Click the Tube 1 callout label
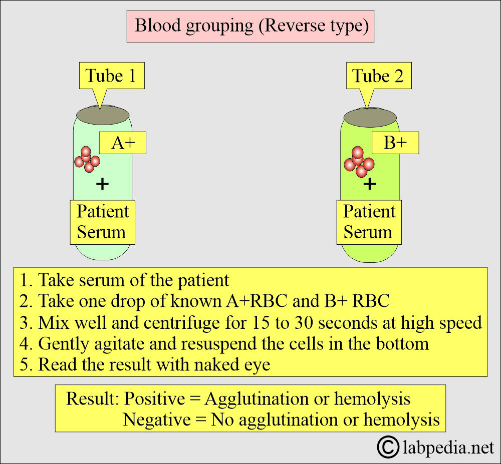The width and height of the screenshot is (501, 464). click(x=112, y=76)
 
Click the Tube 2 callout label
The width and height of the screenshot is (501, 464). click(x=379, y=76)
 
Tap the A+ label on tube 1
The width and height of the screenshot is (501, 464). click(x=123, y=143)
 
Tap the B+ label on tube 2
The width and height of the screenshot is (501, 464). click(x=395, y=143)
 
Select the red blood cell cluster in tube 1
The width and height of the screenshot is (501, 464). click(x=87, y=159)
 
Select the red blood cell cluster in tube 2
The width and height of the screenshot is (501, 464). click(x=359, y=162)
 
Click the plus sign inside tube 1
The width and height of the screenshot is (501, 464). click(x=103, y=184)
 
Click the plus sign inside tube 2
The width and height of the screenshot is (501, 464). click(x=370, y=184)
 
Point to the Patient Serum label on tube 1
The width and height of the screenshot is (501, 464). click(x=103, y=222)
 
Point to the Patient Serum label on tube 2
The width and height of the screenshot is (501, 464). click(x=369, y=222)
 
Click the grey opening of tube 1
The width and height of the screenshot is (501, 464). click(x=103, y=115)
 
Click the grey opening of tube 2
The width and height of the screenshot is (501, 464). click(x=370, y=118)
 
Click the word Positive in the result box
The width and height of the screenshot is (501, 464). click(x=154, y=399)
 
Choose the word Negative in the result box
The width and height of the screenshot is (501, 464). click(x=156, y=419)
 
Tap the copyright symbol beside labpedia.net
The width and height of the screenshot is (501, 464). click(x=388, y=447)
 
